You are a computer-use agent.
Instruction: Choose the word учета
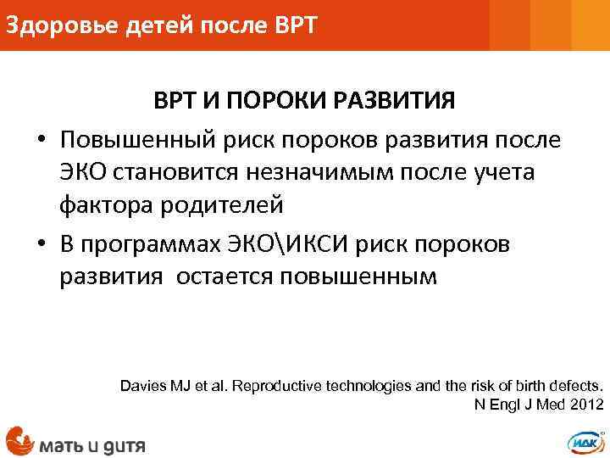(x=497, y=172)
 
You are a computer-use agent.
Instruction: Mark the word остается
(x=224, y=277)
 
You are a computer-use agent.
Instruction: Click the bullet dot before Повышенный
(x=41, y=139)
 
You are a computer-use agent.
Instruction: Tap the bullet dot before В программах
(x=41, y=244)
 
